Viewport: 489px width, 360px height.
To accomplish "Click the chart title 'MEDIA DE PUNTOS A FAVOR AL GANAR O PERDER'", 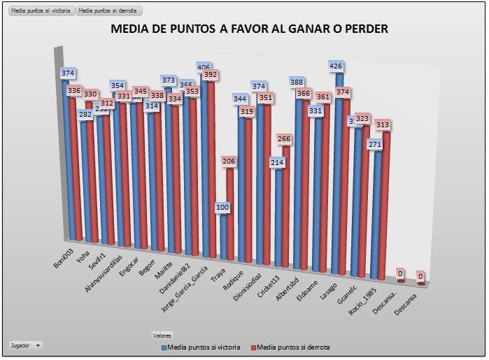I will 250,29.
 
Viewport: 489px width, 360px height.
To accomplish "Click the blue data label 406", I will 204,67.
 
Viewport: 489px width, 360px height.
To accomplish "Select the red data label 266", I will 285,139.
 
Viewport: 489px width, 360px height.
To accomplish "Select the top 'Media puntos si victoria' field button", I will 40,12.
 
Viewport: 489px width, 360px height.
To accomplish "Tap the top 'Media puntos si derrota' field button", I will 108,12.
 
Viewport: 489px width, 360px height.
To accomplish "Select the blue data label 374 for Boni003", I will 68,73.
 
